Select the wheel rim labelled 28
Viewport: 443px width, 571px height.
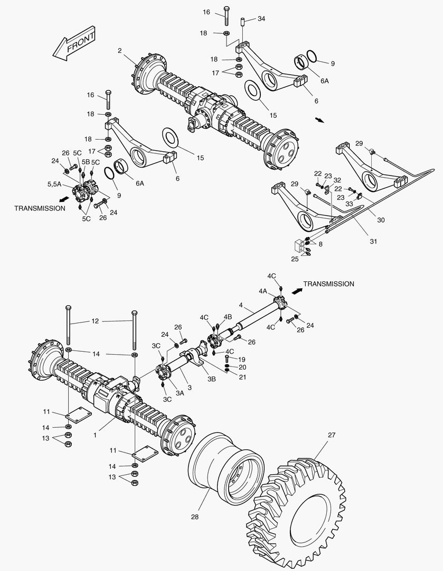[x=227, y=471]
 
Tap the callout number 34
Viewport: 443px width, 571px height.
[x=261, y=19]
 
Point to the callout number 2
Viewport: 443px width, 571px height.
[x=120, y=51]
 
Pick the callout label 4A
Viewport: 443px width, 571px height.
[x=263, y=290]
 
